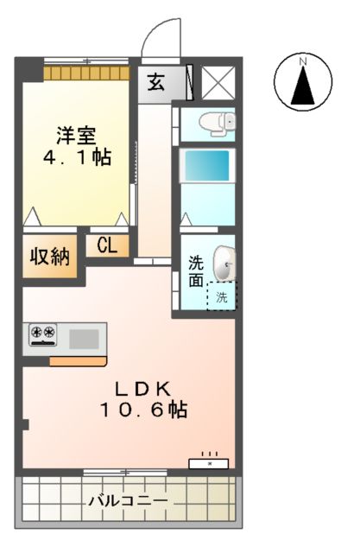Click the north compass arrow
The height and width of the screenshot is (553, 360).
point(303,86)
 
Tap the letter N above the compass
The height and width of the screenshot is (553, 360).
point(303,60)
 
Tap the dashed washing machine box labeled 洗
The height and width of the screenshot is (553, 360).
point(222,297)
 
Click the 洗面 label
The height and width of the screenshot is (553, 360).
point(197,270)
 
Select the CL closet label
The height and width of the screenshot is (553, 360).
point(106,245)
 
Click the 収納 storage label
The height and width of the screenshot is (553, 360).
point(51,257)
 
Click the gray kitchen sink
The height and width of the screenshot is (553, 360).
point(85,336)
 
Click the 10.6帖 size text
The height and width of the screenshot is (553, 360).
point(142,410)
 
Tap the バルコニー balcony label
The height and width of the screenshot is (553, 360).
point(127,500)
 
